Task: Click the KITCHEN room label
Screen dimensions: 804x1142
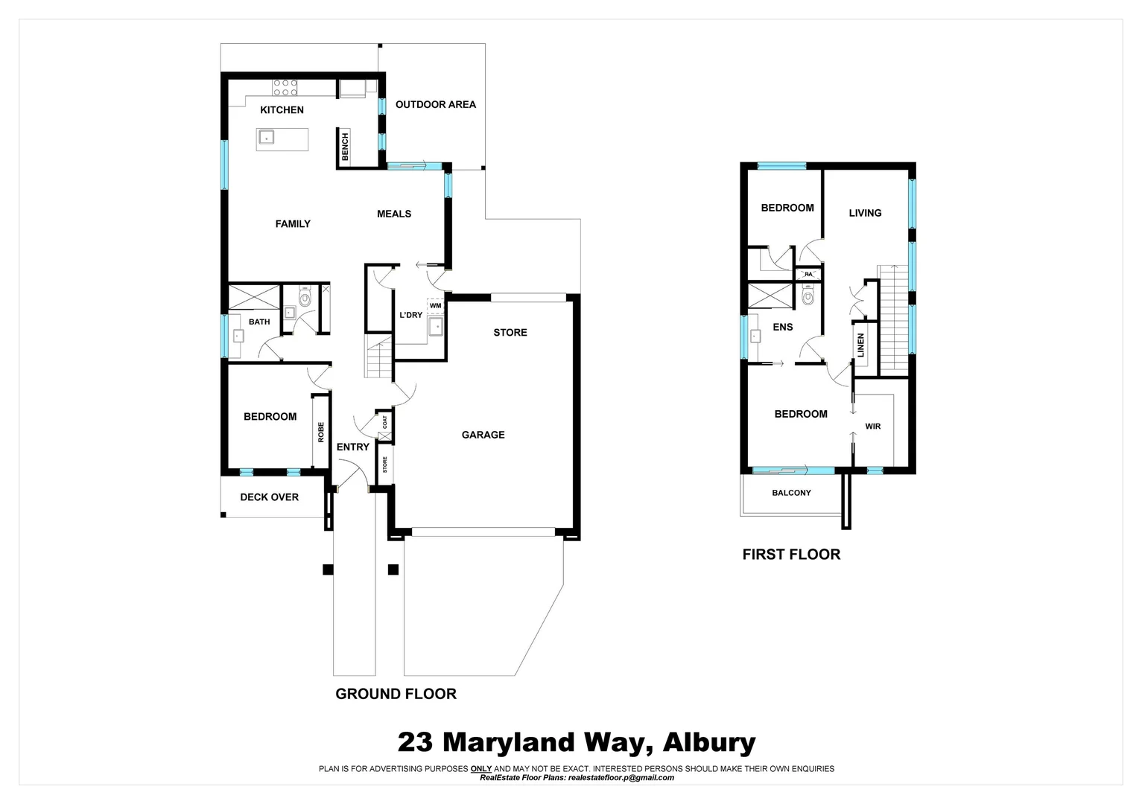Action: coord(282,110)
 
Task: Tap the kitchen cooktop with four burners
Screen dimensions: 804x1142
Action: coord(285,88)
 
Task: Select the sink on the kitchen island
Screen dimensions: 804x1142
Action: coord(266,137)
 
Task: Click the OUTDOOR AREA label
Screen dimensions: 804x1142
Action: coord(435,105)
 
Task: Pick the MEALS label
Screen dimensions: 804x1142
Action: coord(393,214)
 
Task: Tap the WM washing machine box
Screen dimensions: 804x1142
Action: coord(435,305)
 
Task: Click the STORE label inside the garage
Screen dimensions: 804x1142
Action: coord(510,333)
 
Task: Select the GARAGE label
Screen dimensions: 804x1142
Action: coord(483,435)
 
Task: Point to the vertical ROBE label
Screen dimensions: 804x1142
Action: coord(321,433)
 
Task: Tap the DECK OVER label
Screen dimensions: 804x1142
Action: coord(269,497)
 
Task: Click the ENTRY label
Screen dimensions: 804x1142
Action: coord(352,447)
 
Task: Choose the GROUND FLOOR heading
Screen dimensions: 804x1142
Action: coord(396,694)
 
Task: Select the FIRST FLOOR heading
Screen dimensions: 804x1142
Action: coord(791,555)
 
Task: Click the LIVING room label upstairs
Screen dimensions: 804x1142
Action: coord(865,213)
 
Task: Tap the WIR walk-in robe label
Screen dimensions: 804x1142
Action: coord(872,427)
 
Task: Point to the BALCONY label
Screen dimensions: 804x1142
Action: coord(791,493)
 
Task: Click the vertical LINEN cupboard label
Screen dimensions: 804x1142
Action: coord(861,345)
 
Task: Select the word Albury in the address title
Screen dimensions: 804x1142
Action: coord(709,742)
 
